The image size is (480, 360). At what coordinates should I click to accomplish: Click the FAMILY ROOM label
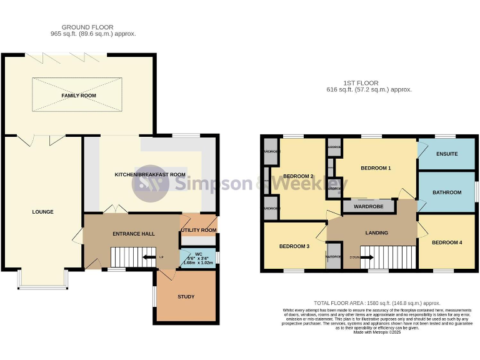coord(78,95)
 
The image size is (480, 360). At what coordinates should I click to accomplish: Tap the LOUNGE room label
coord(43,212)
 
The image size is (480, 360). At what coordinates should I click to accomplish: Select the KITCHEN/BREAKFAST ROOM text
coord(149,174)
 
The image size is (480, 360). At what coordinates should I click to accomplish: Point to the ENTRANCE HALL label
coord(134,234)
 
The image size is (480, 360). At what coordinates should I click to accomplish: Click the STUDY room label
coord(186,297)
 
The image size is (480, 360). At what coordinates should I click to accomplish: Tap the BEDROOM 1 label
coord(376,168)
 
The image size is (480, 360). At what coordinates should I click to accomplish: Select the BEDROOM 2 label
coord(298,176)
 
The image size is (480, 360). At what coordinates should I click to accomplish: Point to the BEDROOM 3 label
coord(294,246)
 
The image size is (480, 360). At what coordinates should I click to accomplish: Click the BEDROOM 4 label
coord(447,242)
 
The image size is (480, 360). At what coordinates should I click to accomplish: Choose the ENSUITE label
coord(447,154)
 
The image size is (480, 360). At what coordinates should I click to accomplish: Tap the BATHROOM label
coord(447,192)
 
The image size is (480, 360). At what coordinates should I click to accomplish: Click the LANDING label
coord(376,233)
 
